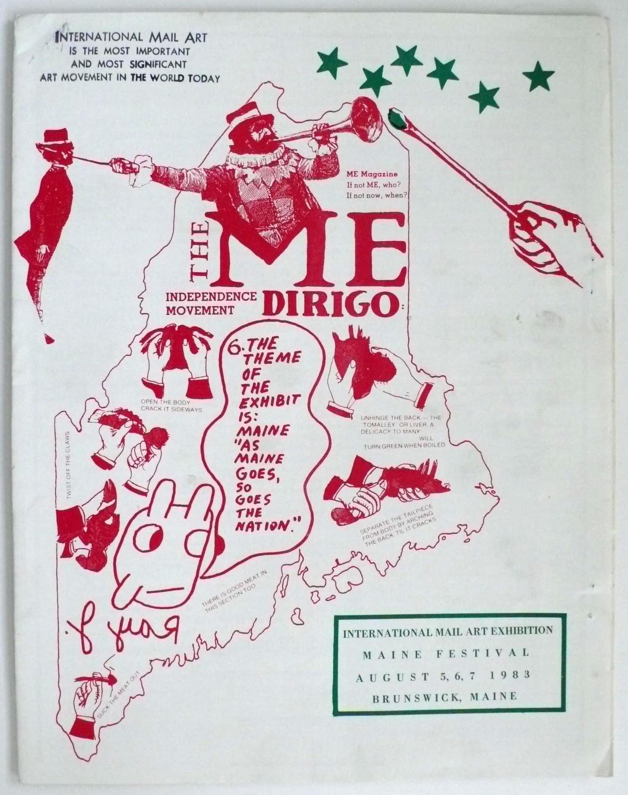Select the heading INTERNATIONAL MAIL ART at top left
click(x=132, y=38)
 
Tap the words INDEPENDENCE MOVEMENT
click(x=211, y=303)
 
